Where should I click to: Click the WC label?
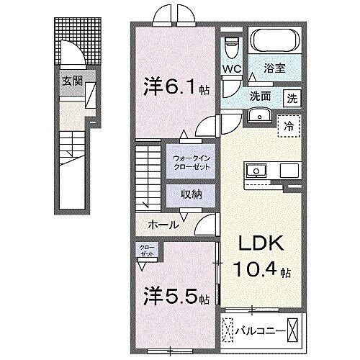pos(230,69)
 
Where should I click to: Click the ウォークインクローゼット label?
pos(192,161)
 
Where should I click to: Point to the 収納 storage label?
pos(192,193)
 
